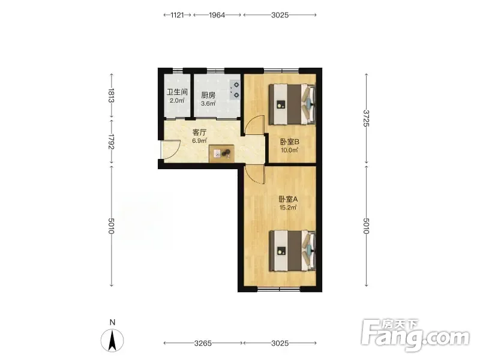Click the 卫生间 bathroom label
click(x=177, y=92)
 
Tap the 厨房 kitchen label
click(x=208, y=95)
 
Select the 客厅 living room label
click(x=199, y=132)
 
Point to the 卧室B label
click(x=290, y=142)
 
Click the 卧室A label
click(x=288, y=199)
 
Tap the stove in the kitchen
click(x=235, y=90)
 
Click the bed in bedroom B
click(x=292, y=104)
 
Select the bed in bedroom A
click(x=292, y=251)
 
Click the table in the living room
click(x=221, y=154)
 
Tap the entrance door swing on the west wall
click(x=171, y=149)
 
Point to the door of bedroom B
click(x=254, y=125)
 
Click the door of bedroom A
click(x=254, y=175)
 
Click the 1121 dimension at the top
click(x=177, y=14)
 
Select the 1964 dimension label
click(x=217, y=14)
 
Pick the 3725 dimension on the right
click(x=366, y=118)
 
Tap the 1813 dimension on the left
click(x=111, y=95)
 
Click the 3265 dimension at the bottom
click(x=203, y=343)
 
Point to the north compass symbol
click(x=112, y=340)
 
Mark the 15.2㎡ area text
click(x=288, y=208)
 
